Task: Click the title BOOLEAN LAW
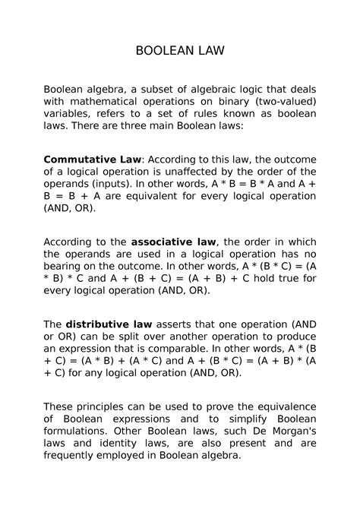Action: click(x=179, y=52)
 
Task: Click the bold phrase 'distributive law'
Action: click(x=109, y=324)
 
